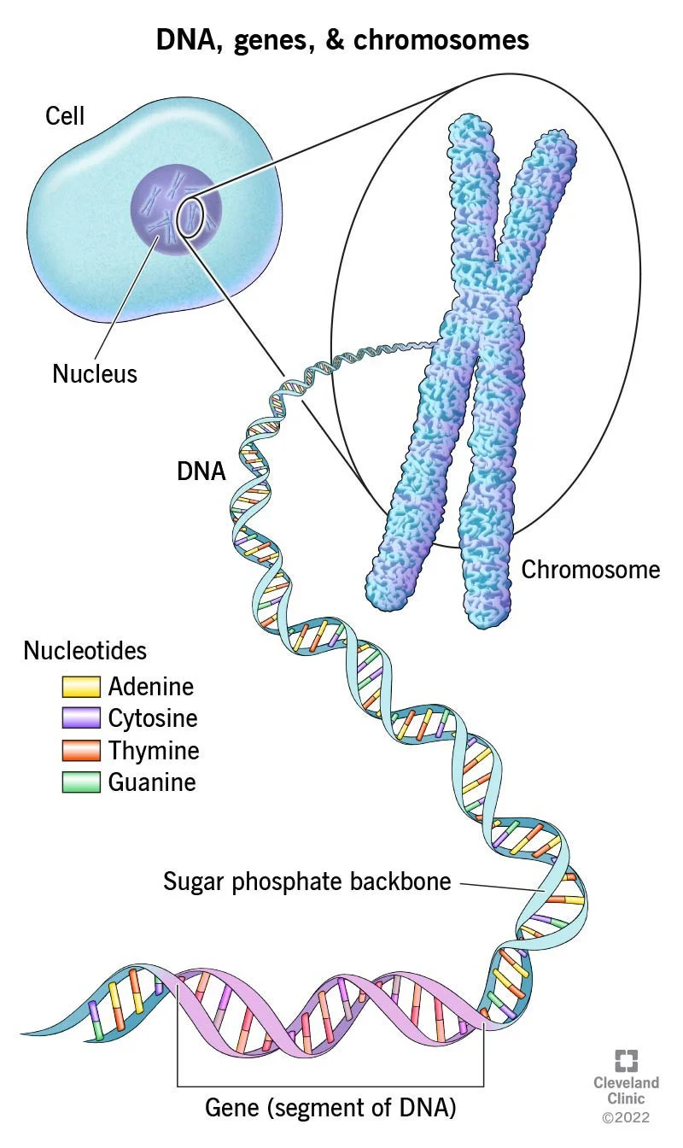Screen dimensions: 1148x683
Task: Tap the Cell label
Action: click(65, 115)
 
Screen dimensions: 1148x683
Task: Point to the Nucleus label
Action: click(95, 373)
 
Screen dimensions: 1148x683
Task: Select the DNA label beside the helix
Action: click(201, 471)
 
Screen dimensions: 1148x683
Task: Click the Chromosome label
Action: click(591, 569)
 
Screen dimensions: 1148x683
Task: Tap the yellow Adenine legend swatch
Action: click(81, 687)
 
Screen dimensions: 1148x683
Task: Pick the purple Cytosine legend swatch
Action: click(81, 718)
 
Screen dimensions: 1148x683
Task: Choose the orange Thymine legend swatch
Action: click(81, 751)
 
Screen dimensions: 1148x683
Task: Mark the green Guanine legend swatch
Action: click(81, 782)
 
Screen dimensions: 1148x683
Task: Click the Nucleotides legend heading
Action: click(85, 651)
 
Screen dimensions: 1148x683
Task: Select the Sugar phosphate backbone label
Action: click(307, 881)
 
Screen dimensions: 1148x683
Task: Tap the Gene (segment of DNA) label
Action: click(330, 1109)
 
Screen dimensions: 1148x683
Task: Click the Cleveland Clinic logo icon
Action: click(627, 1060)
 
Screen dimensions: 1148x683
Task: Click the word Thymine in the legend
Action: click(154, 751)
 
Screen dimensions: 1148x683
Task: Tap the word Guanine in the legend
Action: click(152, 782)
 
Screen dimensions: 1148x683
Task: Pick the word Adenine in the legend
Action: click(151, 687)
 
